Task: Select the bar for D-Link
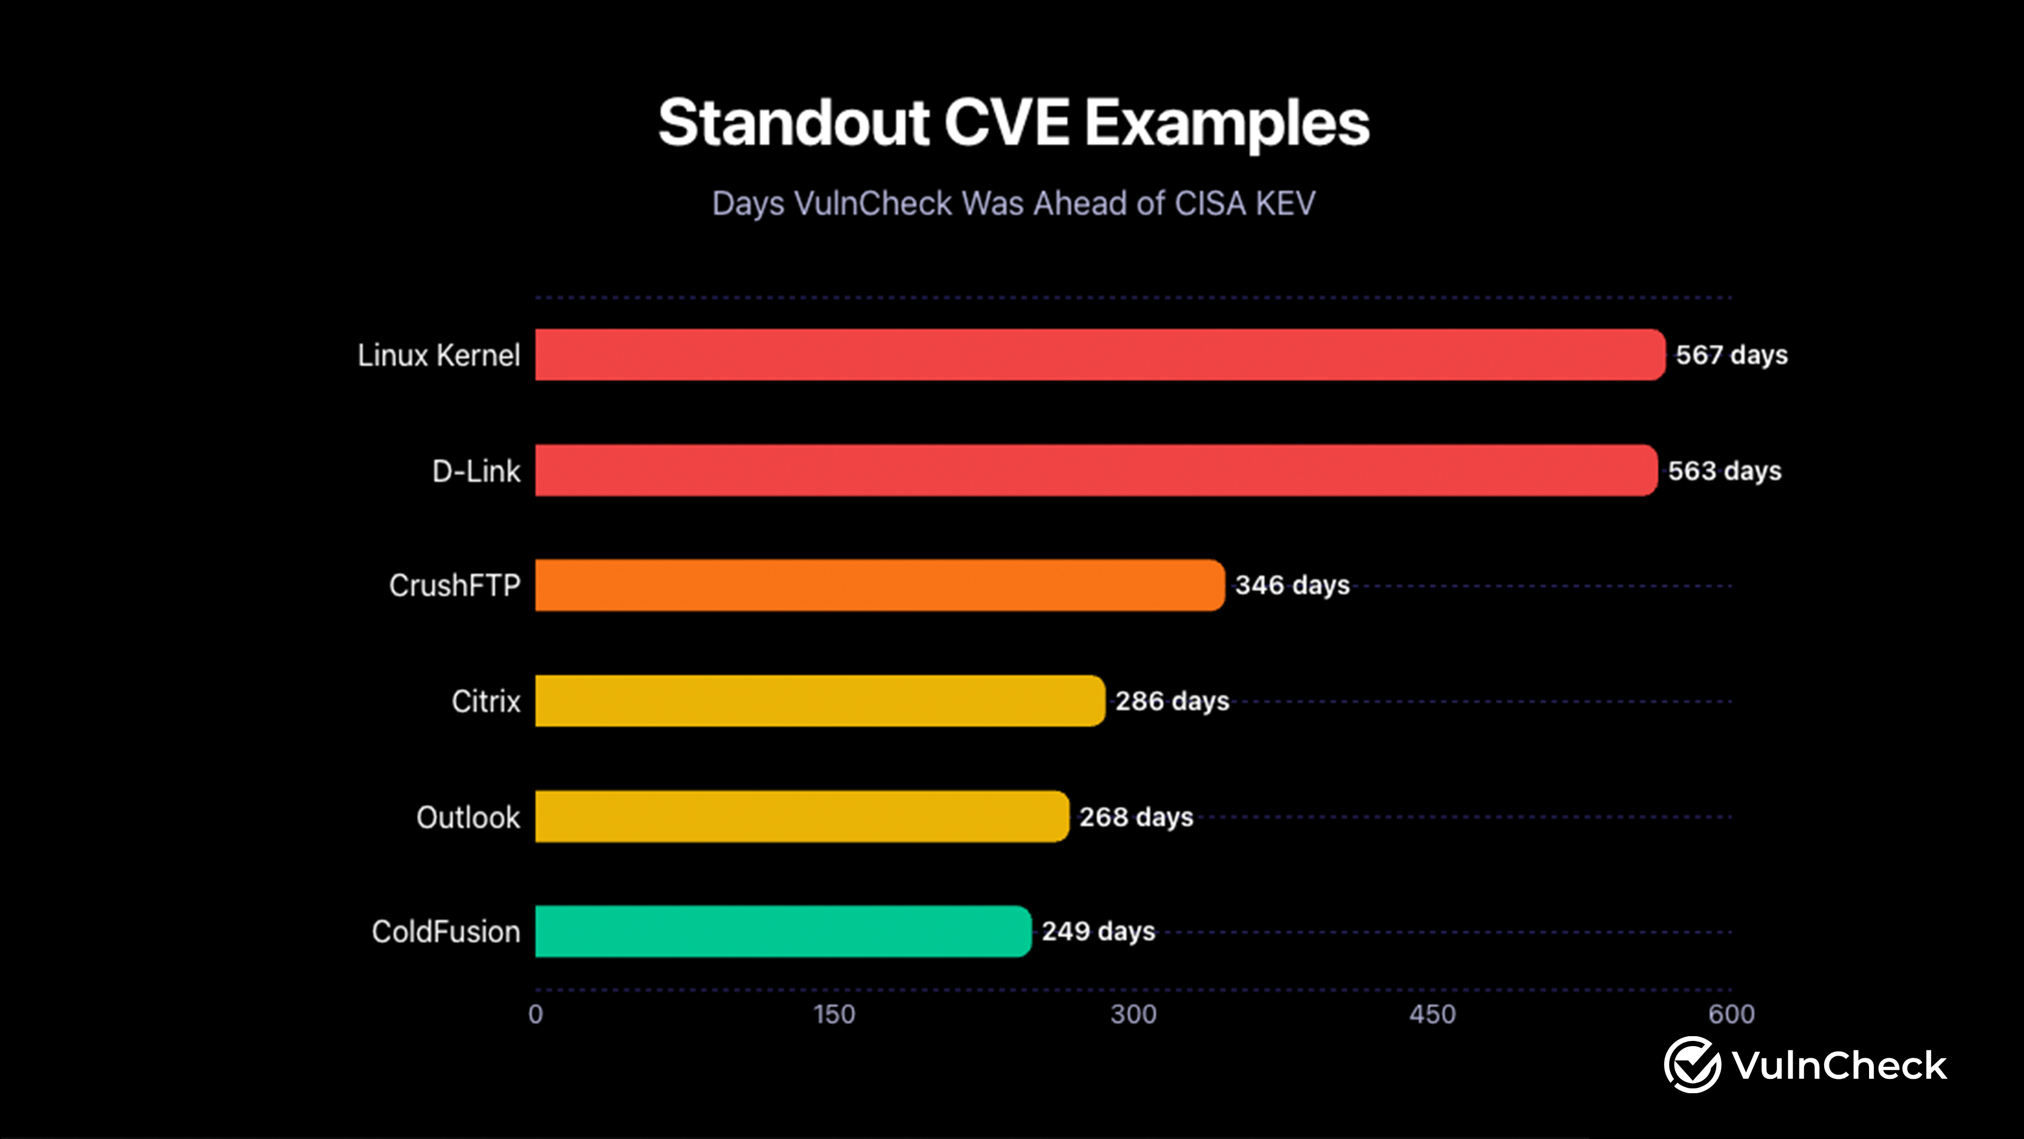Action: (1096, 470)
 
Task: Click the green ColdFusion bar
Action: (783, 931)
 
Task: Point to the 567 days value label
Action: (1731, 355)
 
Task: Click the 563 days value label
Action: (1725, 471)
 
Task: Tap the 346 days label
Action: (1292, 586)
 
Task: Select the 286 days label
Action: (1172, 701)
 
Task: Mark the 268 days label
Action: (1136, 817)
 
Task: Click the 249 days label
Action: (1098, 931)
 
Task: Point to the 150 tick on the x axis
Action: (834, 1014)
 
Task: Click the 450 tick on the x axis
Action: (1433, 1014)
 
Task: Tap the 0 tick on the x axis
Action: (536, 1014)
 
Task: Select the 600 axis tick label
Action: (1731, 1014)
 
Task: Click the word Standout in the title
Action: (794, 123)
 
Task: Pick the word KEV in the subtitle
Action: (1285, 204)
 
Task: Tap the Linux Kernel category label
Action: (439, 355)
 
